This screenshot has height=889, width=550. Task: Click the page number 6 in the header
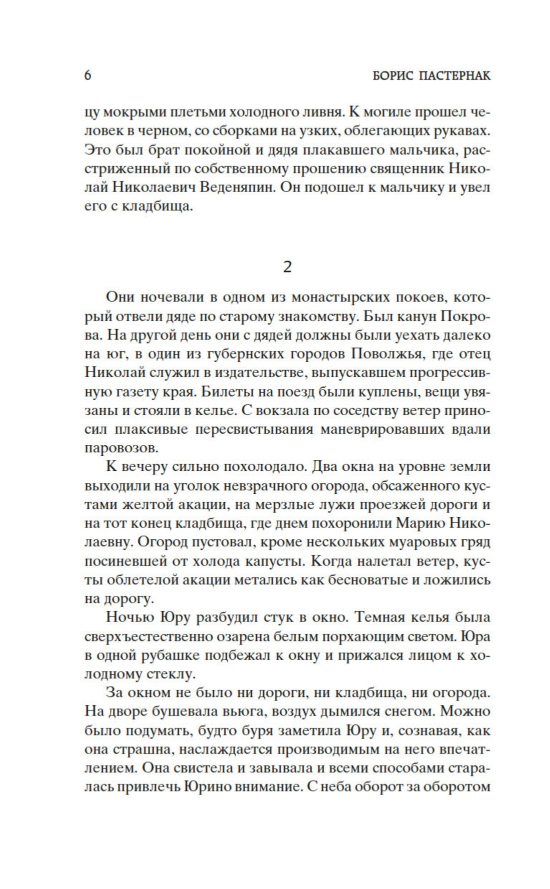click(x=88, y=76)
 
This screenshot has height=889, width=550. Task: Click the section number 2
click(x=287, y=267)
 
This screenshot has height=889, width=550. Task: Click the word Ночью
click(x=129, y=618)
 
